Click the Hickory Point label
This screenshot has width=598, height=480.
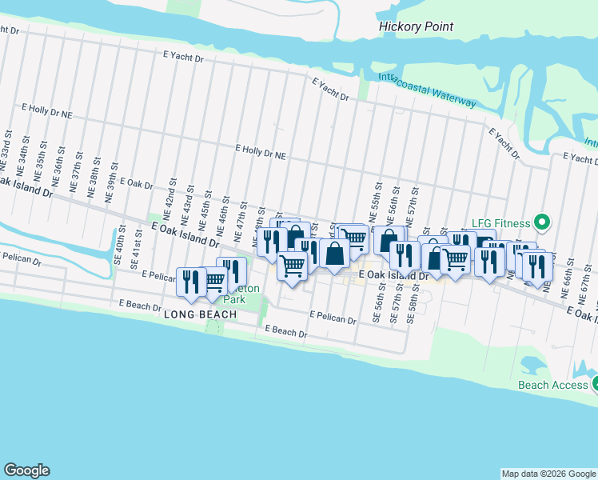(x=415, y=26)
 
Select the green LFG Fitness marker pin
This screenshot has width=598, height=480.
(x=541, y=221)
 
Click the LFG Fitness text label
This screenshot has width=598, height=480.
(x=502, y=221)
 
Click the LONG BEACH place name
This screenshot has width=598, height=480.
(x=200, y=314)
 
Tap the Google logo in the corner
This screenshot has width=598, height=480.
(x=26, y=470)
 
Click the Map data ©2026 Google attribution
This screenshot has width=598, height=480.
(x=548, y=474)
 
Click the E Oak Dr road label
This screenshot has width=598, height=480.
(x=137, y=184)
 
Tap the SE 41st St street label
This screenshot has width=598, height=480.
(x=138, y=254)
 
